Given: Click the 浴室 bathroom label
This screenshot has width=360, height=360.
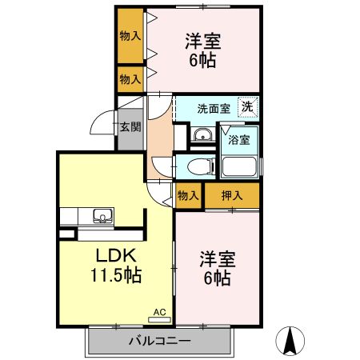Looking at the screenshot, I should [x=239, y=139].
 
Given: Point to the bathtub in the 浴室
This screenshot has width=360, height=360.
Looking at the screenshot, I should [x=239, y=166].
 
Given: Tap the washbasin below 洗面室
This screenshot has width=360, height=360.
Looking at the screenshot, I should [x=202, y=136].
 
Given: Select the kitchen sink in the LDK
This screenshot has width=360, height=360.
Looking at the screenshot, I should [x=103, y=214].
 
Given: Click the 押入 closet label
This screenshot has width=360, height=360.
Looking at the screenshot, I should [x=233, y=194].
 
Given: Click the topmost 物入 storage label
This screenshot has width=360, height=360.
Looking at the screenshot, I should [x=130, y=36].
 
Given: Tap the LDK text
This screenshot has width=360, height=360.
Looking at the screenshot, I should [x=118, y=257].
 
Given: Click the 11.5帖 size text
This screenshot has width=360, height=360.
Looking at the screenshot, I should [x=118, y=276].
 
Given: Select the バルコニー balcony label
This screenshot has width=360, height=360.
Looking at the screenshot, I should [x=160, y=342].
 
